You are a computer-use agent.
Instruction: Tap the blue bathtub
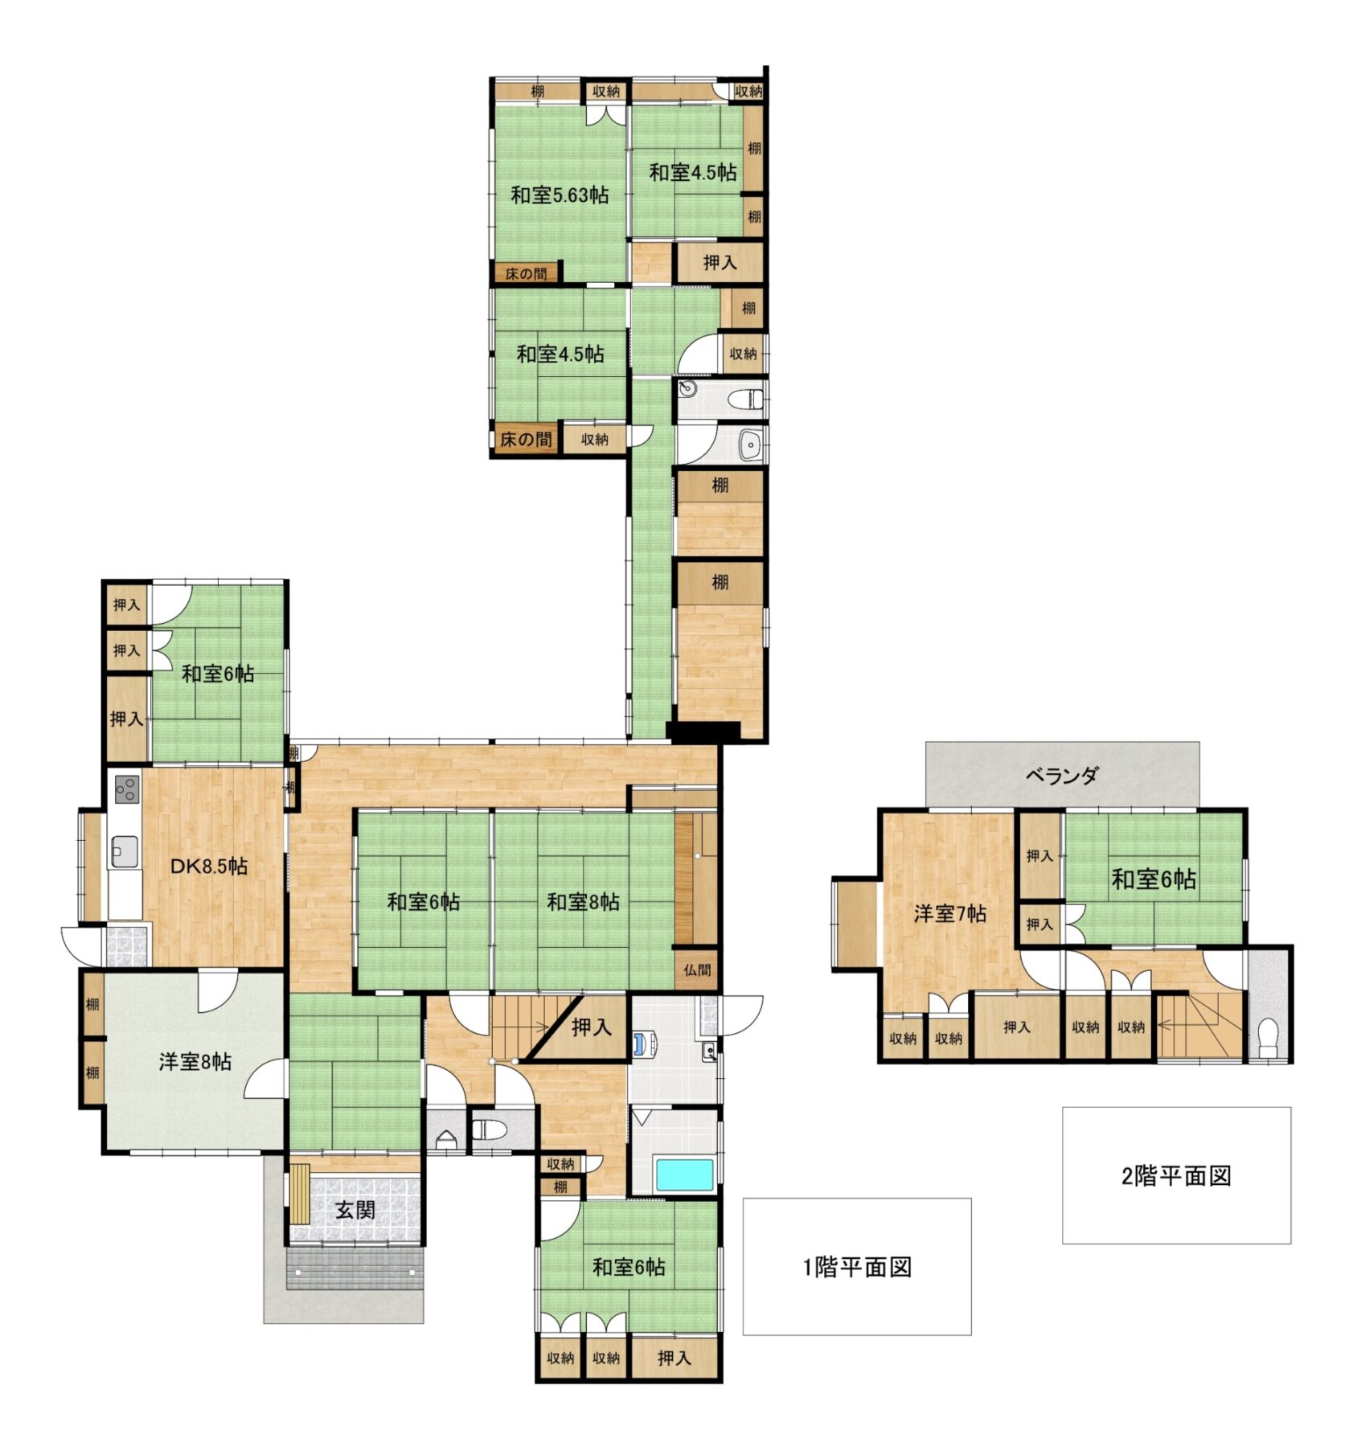(x=684, y=1174)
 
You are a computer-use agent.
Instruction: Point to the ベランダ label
(x=1061, y=776)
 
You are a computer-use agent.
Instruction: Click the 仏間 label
(x=697, y=969)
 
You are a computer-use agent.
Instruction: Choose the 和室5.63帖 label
(x=560, y=195)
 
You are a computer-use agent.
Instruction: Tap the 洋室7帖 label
(x=949, y=913)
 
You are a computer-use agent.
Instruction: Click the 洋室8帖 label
(x=195, y=1061)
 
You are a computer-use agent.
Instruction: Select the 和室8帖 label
(x=583, y=902)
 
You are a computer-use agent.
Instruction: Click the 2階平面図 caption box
(x=1176, y=1175)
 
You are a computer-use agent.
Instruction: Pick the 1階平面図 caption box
(x=856, y=1267)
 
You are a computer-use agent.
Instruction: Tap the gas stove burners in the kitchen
(x=126, y=789)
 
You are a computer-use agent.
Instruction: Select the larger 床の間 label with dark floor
(x=526, y=440)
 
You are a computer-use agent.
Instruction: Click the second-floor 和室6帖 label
(x=1154, y=879)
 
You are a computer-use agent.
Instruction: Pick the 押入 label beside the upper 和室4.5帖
(x=720, y=262)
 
